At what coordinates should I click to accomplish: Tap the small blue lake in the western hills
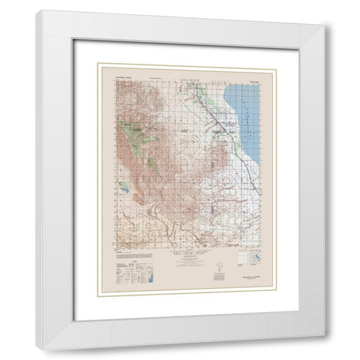[x=122, y=181]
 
